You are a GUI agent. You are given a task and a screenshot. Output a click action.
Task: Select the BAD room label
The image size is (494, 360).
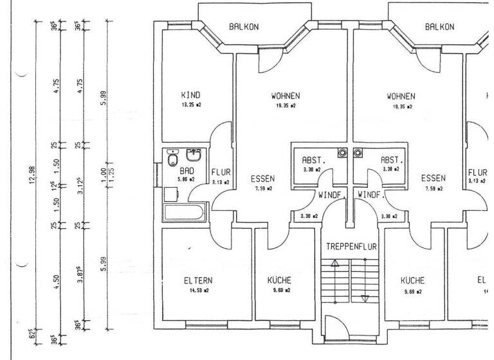[187, 172]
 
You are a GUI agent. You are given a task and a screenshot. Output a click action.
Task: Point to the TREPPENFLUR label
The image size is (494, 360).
[351, 247]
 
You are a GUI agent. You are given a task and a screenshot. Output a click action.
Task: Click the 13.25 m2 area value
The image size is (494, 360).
[191, 105]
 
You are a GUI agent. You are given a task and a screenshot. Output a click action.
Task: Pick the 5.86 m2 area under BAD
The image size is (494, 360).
[187, 181]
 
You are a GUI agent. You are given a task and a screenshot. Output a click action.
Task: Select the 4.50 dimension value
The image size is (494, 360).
[57, 282]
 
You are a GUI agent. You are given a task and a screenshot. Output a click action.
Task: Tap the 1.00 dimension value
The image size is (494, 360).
[103, 175]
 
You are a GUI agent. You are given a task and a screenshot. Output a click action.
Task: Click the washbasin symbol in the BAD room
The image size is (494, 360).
[193, 156]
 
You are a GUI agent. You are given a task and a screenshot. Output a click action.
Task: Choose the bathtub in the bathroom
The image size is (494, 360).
[185, 212]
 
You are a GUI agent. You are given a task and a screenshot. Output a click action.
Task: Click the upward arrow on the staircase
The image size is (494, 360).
[334, 264]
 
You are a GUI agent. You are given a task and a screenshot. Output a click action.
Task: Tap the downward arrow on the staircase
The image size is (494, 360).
[365, 297]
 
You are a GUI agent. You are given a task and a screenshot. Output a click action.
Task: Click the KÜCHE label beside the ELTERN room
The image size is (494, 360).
[279, 281]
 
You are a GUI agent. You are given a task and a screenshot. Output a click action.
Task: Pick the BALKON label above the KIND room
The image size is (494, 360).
[244, 27]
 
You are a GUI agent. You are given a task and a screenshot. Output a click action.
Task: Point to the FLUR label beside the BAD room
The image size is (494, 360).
[221, 173]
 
